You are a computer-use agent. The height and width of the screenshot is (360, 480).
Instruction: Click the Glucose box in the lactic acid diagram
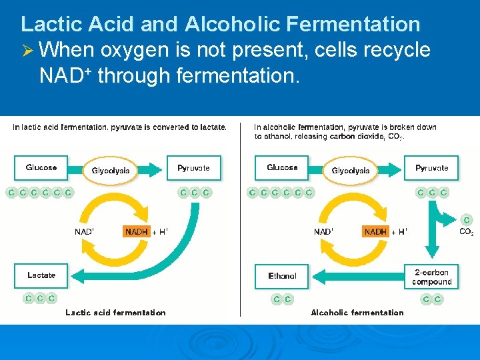(x=41, y=168)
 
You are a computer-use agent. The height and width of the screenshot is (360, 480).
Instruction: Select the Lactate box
(x=41, y=275)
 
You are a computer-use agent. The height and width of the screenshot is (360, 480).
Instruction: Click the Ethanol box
(x=282, y=276)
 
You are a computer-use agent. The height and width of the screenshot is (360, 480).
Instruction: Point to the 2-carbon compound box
(x=432, y=277)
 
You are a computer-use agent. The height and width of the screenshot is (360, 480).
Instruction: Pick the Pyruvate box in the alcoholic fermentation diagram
(x=432, y=168)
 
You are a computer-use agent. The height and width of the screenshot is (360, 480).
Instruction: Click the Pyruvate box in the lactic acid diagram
(x=193, y=168)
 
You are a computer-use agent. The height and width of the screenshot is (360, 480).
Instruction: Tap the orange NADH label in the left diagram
(x=137, y=232)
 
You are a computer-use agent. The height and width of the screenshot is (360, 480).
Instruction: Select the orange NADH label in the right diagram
(x=375, y=232)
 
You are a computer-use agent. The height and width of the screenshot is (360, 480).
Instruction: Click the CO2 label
(x=467, y=233)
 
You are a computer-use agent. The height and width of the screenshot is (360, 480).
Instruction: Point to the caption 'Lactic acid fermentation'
(x=115, y=312)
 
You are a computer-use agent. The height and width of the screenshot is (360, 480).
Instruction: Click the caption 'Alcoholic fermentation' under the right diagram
(x=357, y=312)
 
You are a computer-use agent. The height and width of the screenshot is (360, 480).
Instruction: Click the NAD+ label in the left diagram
(x=84, y=232)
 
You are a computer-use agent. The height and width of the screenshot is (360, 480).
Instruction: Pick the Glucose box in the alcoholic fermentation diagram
(x=282, y=168)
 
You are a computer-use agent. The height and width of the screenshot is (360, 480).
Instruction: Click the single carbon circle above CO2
(x=467, y=220)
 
